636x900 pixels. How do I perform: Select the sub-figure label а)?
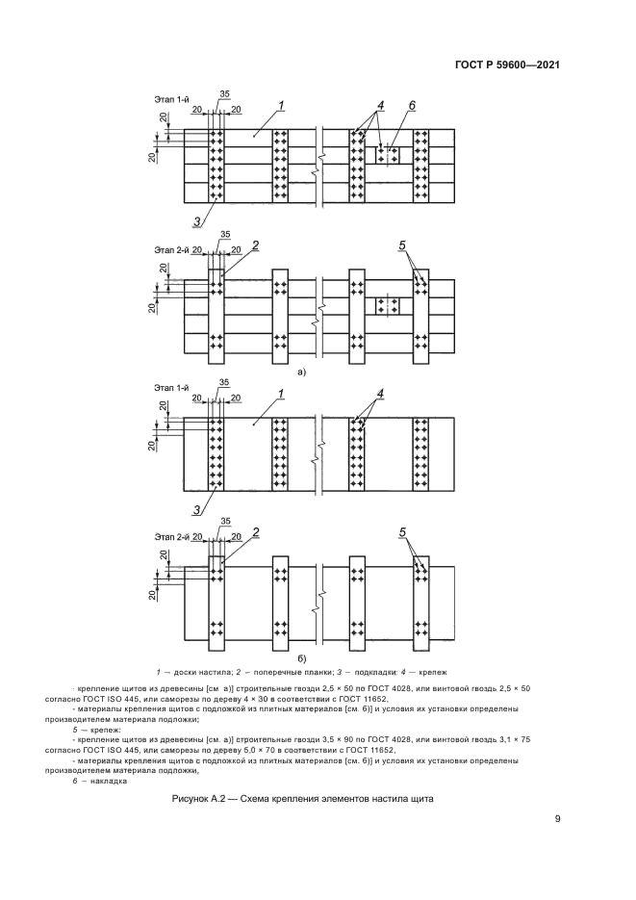(x=301, y=371)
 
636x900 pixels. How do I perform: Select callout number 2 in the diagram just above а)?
(x=256, y=245)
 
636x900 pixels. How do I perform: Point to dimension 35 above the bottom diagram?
(x=225, y=522)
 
